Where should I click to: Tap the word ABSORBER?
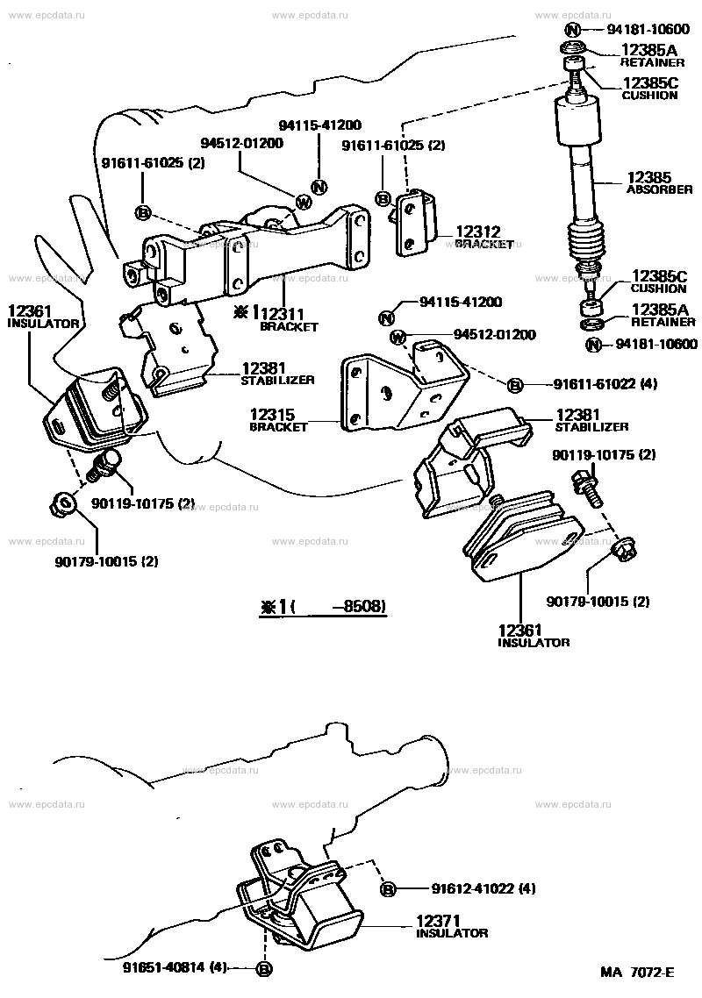click(660, 189)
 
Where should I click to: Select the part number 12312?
click(478, 232)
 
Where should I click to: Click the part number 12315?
click(277, 415)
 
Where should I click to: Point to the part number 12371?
click(438, 922)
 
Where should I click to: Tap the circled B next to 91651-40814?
click(263, 969)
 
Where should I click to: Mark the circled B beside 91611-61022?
click(516, 385)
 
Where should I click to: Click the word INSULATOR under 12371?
click(452, 933)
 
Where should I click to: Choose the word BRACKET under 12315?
click(278, 427)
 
